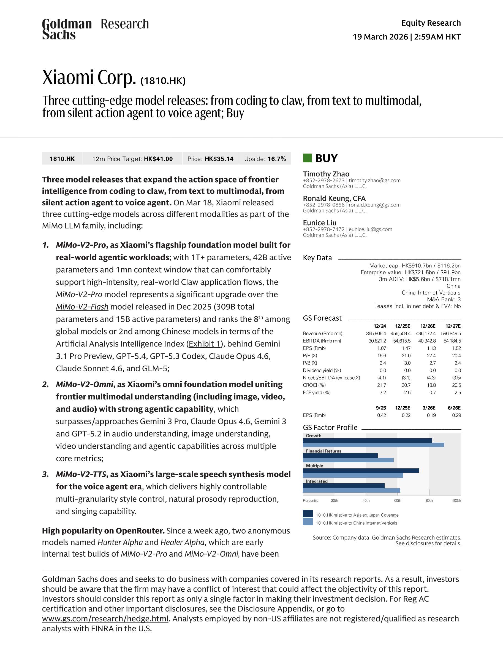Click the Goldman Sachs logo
67,29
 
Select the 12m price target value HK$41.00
158,159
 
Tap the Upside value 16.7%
277,159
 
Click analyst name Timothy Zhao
326,174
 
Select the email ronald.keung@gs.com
374,205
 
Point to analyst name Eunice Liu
320,223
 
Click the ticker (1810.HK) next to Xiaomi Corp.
163,81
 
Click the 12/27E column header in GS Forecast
453,326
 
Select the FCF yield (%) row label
317,392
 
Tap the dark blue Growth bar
367,440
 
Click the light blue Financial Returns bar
348,460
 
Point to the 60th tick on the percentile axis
398,500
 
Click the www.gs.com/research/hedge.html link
105,619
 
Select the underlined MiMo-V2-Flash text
82,307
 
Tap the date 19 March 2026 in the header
380,37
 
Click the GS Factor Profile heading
330,428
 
